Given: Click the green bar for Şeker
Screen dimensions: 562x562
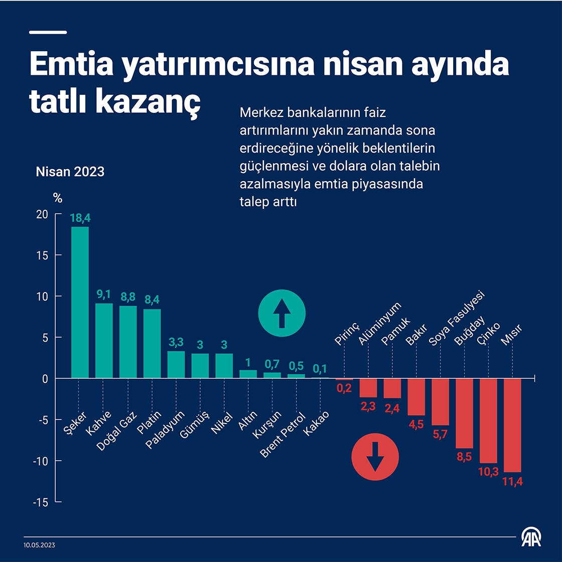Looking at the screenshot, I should coord(80,302).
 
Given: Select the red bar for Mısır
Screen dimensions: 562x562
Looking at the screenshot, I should coord(512,425).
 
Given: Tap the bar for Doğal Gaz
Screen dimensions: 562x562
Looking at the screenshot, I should coord(128,342).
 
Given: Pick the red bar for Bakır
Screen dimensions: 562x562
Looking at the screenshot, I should coord(416,397).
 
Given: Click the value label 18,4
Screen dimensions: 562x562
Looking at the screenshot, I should coord(80,218).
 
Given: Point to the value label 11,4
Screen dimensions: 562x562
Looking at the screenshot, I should coord(512,482).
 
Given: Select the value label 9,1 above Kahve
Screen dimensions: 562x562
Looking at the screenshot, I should coord(104,295).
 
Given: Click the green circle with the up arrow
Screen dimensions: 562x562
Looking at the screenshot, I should coord(282,314).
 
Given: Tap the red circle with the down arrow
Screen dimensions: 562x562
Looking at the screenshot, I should coord(375,457).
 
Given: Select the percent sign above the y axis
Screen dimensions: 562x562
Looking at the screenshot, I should coord(58,198).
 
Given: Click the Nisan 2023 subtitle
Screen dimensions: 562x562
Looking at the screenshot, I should coord(70,172).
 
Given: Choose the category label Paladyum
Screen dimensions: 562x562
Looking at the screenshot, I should coord(166,430).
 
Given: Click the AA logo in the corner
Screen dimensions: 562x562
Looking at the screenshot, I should coord(532,537).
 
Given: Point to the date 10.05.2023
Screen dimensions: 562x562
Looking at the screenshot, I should coord(39,545).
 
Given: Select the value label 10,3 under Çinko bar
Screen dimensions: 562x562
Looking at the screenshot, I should coord(488,472).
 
